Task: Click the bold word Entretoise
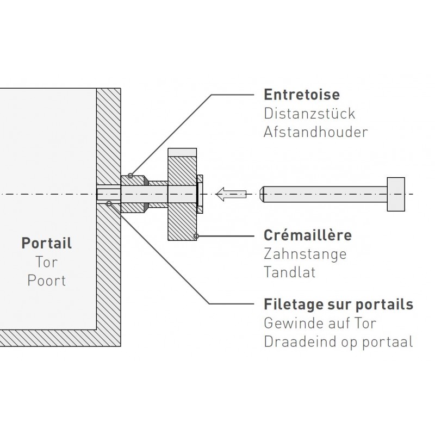[x=302, y=95]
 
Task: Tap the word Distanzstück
[x=309, y=114]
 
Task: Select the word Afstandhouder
[x=316, y=132]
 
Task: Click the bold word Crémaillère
[x=308, y=235]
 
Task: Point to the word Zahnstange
[x=305, y=254]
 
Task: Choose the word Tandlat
[x=290, y=272]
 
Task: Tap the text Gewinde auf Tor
[x=320, y=323]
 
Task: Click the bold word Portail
[x=47, y=243]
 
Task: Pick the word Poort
[x=47, y=281]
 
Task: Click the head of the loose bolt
[x=396, y=194]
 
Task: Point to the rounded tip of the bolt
[x=261, y=194]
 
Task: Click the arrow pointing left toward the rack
[x=231, y=194]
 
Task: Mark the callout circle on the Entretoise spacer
[x=130, y=176]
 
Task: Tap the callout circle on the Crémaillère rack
[x=196, y=237]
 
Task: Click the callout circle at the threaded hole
[x=109, y=204]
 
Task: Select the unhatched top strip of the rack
[x=182, y=153]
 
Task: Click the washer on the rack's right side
[x=200, y=194]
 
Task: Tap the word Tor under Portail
[x=47, y=262]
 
